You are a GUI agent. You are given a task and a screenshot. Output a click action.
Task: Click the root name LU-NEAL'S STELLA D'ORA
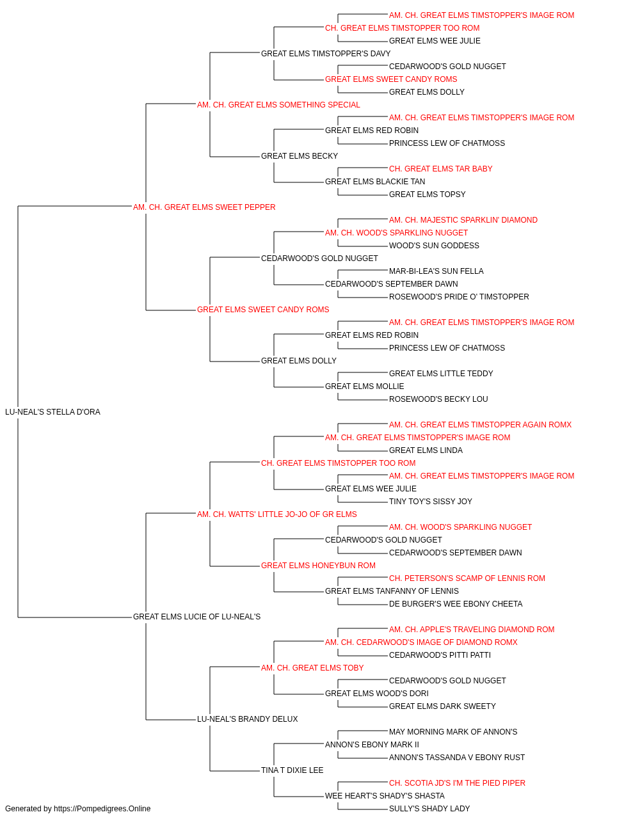coord(52,412)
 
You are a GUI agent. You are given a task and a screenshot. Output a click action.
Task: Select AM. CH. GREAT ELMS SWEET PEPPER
coord(204,207)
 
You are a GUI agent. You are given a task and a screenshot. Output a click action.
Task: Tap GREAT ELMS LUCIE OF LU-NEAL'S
coord(196,617)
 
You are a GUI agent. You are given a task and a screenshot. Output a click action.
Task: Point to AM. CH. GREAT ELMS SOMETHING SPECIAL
coord(278,105)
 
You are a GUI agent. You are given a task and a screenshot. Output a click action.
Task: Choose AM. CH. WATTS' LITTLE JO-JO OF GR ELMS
coord(277,514)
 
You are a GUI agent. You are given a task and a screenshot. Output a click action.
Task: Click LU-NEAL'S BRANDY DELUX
coord(248,719)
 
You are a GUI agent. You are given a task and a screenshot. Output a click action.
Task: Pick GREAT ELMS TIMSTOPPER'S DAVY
coord(326,54)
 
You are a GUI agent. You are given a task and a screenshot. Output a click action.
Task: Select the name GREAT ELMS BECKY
coord(300,156)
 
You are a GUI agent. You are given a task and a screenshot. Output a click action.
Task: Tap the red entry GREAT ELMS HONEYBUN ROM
coord(319,566)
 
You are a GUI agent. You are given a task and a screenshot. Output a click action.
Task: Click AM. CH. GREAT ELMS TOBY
coord(312,668)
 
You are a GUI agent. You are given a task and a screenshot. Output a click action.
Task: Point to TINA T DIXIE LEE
coord(292,770)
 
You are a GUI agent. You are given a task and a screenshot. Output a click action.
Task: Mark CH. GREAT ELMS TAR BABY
coord(441,169)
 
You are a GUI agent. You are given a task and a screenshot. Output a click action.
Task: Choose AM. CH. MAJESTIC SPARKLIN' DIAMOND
coord(463,220)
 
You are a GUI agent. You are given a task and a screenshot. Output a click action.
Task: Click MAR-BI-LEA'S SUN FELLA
coord(436,271)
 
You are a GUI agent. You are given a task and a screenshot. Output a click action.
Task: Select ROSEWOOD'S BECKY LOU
coord(439,399)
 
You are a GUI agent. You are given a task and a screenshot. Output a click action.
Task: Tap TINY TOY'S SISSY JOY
coord(431,502)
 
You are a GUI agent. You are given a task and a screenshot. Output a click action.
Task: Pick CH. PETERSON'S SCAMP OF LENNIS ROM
coord(467,578)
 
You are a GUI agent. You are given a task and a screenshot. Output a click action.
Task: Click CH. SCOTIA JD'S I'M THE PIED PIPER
coord(458,783)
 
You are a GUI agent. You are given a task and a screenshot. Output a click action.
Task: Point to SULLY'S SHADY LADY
coord(429,809)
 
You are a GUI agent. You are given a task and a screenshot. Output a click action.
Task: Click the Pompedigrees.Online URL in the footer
coord(102,809)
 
